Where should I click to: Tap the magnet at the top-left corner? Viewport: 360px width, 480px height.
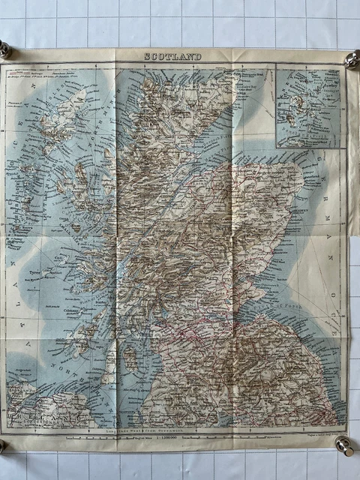click(x=4, y=50)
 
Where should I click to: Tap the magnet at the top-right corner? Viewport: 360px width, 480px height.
click(x=352, y=59)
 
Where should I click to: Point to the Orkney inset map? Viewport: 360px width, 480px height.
click(x=307, y=107)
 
